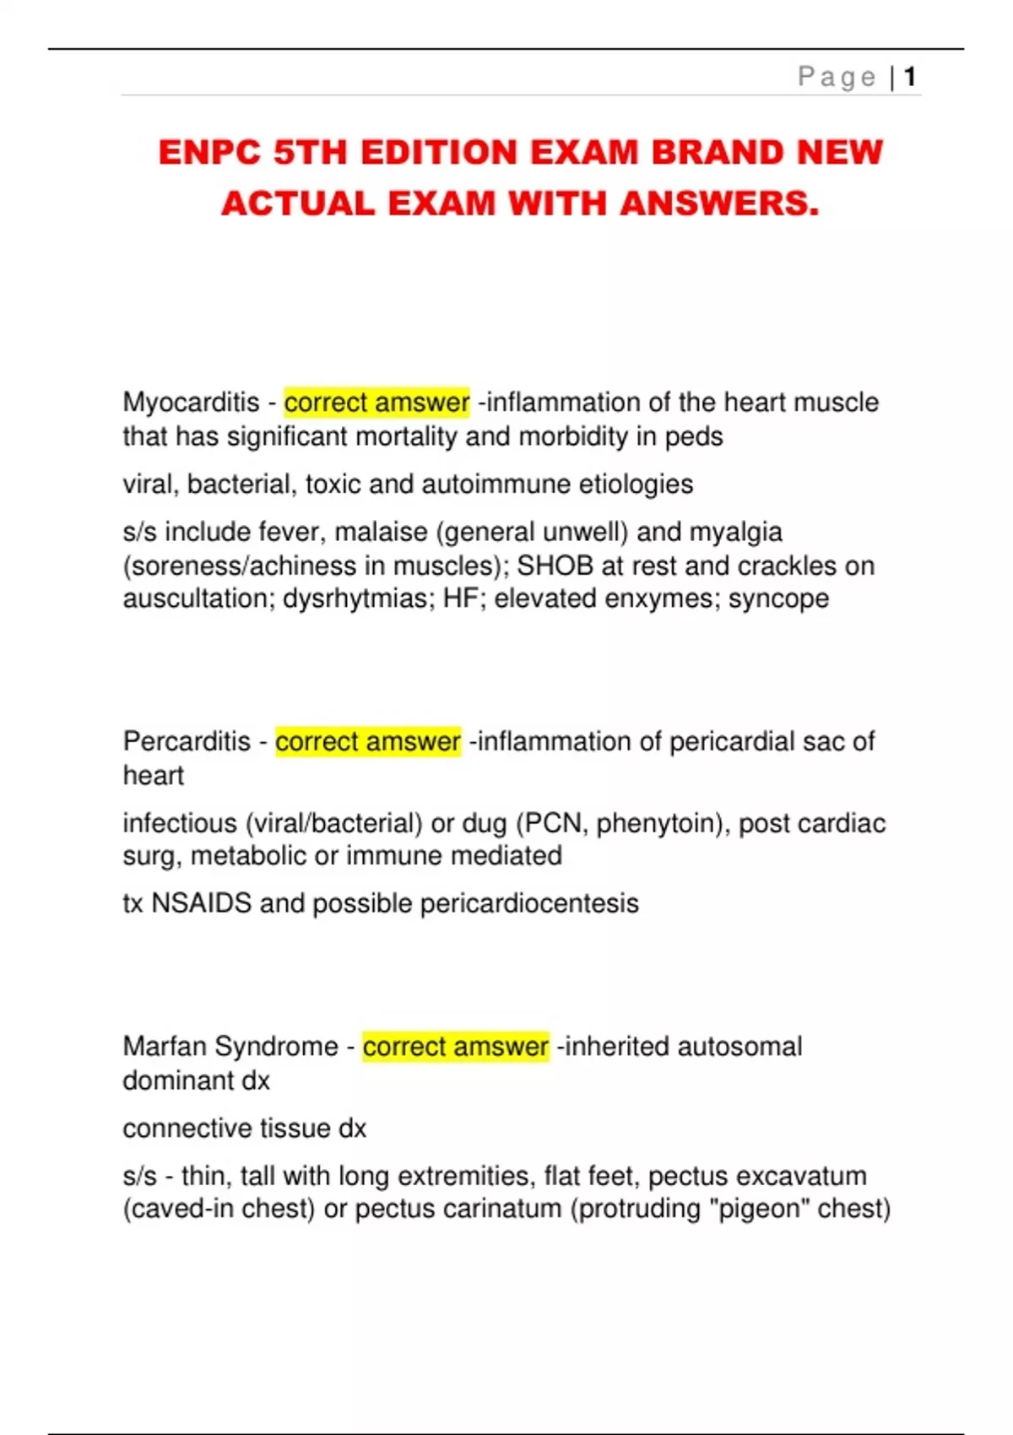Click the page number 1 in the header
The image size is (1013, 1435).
pos(910,78)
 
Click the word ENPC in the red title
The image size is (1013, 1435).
pos(209,153)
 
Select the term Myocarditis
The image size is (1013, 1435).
pos(191,403)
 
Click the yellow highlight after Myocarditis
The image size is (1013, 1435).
pos(376,403)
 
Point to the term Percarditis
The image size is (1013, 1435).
pos(187,742)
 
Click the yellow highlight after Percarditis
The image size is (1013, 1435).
pos(368,742)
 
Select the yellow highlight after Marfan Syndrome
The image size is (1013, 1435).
pos(456,1047)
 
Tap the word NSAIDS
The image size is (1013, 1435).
pos(201,903)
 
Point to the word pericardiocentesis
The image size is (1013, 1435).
pos(529,904)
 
